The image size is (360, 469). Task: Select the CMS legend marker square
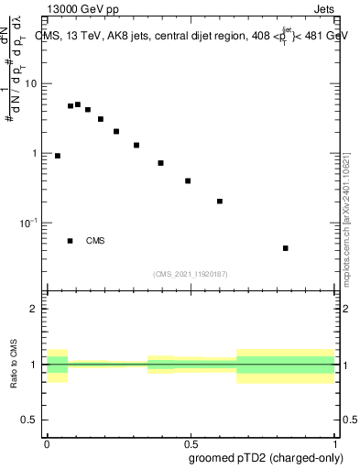click(x=71, y=241)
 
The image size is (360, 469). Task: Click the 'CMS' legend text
click(x=95, y=242)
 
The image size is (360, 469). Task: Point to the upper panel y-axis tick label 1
click(x=36, y=154)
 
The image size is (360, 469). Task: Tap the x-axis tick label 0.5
click(x=191, y=442)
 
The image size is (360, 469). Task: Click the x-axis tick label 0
click(x=46, y=442)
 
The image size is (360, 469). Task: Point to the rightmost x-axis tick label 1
click(x=335, y=442)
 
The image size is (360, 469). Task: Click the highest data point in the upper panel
click(x=78, y=104)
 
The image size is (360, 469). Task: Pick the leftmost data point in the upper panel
click(x=58, y=156)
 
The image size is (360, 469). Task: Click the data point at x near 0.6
click(x=220, y=201)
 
